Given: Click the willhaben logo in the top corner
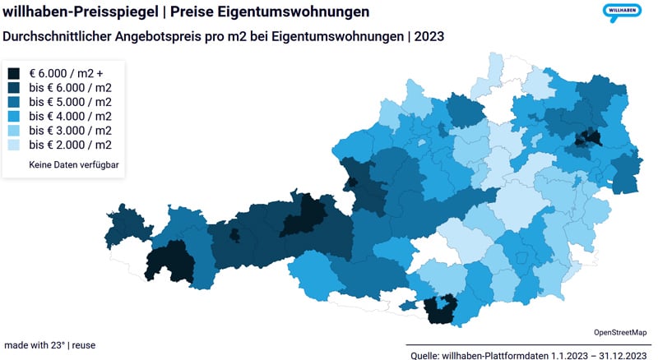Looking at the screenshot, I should point(622,12).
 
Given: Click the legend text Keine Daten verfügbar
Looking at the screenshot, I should point(75,165).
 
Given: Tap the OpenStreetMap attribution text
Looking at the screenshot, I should point(619,332).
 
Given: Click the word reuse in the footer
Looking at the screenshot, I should point(83,345).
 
